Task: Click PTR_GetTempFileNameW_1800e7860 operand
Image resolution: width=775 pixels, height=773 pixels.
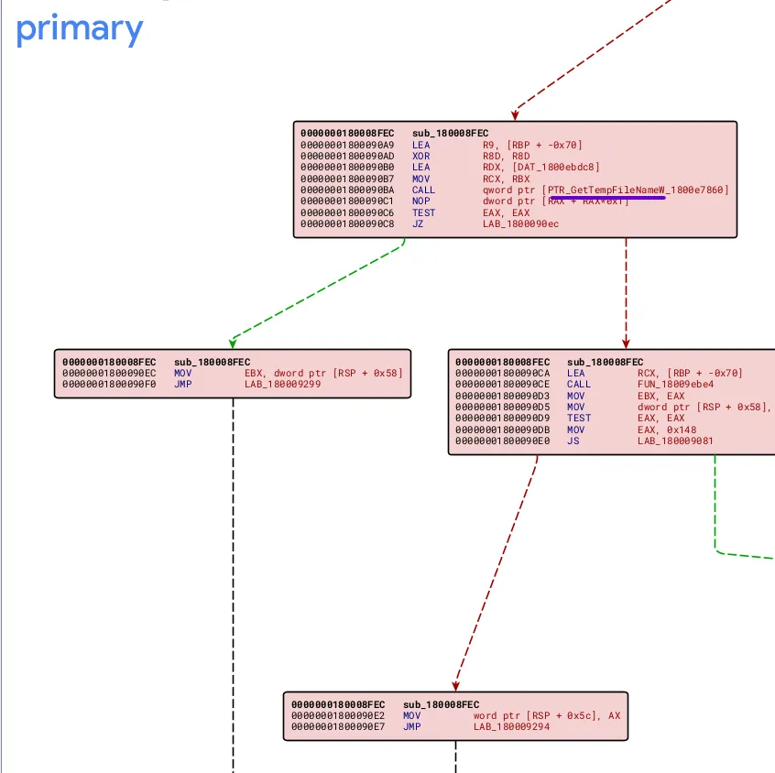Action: pyautogui.click(x=638, y=190)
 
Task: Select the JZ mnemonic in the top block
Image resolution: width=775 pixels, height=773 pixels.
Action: pyautogui.click(x=418, y=224)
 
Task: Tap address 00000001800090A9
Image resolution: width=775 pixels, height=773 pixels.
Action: pyautogui.click(x=347, y=145)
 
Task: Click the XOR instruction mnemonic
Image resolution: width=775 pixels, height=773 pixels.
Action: pyautogui.click(x=420, y=156)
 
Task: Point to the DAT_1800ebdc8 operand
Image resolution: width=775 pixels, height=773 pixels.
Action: pyautogui.click(x=541, y=168)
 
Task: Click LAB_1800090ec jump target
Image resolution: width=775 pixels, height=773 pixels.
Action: pyautogui.click(x=520, y=224)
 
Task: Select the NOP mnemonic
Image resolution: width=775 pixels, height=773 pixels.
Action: pyautogui.click(x=420, y=201)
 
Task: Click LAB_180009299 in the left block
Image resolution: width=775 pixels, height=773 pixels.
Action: pyautogui.click(x=282, y=385)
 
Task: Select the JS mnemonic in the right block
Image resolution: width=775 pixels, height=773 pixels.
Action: pyautogui.click(x=573, y=441)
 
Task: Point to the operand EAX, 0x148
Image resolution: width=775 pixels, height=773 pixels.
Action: pyautogui.click(x=661, y=430)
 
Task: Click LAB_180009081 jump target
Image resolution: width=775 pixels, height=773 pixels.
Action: pyautogui.click(x=675, y=441)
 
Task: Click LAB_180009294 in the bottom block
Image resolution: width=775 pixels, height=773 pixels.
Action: pyautogui.click(x=511, y=727)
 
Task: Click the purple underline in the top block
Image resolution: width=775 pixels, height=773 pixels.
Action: pyautogui.click(x=606, y=196)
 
